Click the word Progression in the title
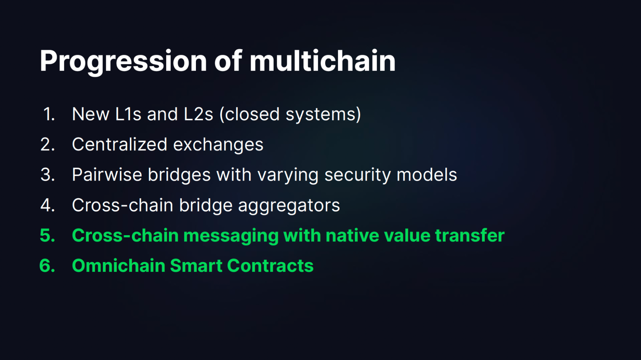tap(123, 62)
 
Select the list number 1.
tap(49, 114)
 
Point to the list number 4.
tap(48, 205)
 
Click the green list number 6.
tap(47, 266)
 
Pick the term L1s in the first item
tap(128, 114)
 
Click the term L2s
tap(198, 114)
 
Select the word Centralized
tap(120, 144)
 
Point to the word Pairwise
tap(107, 175)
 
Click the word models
tap(427, 175)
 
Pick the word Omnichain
tap(119, 266)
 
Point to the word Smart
tap(196, 266)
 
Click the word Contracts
tap(270, 266)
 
